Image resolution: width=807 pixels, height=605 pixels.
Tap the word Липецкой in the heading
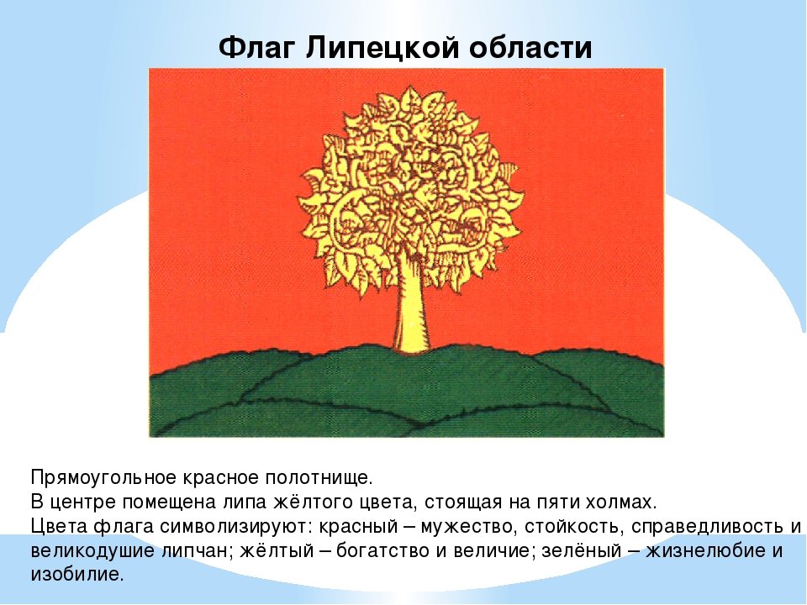point(383,49)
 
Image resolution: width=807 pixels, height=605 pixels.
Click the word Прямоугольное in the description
point(104,478)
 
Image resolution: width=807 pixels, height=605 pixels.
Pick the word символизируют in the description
point(234,527)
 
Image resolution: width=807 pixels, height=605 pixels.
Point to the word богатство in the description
point(382,551)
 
